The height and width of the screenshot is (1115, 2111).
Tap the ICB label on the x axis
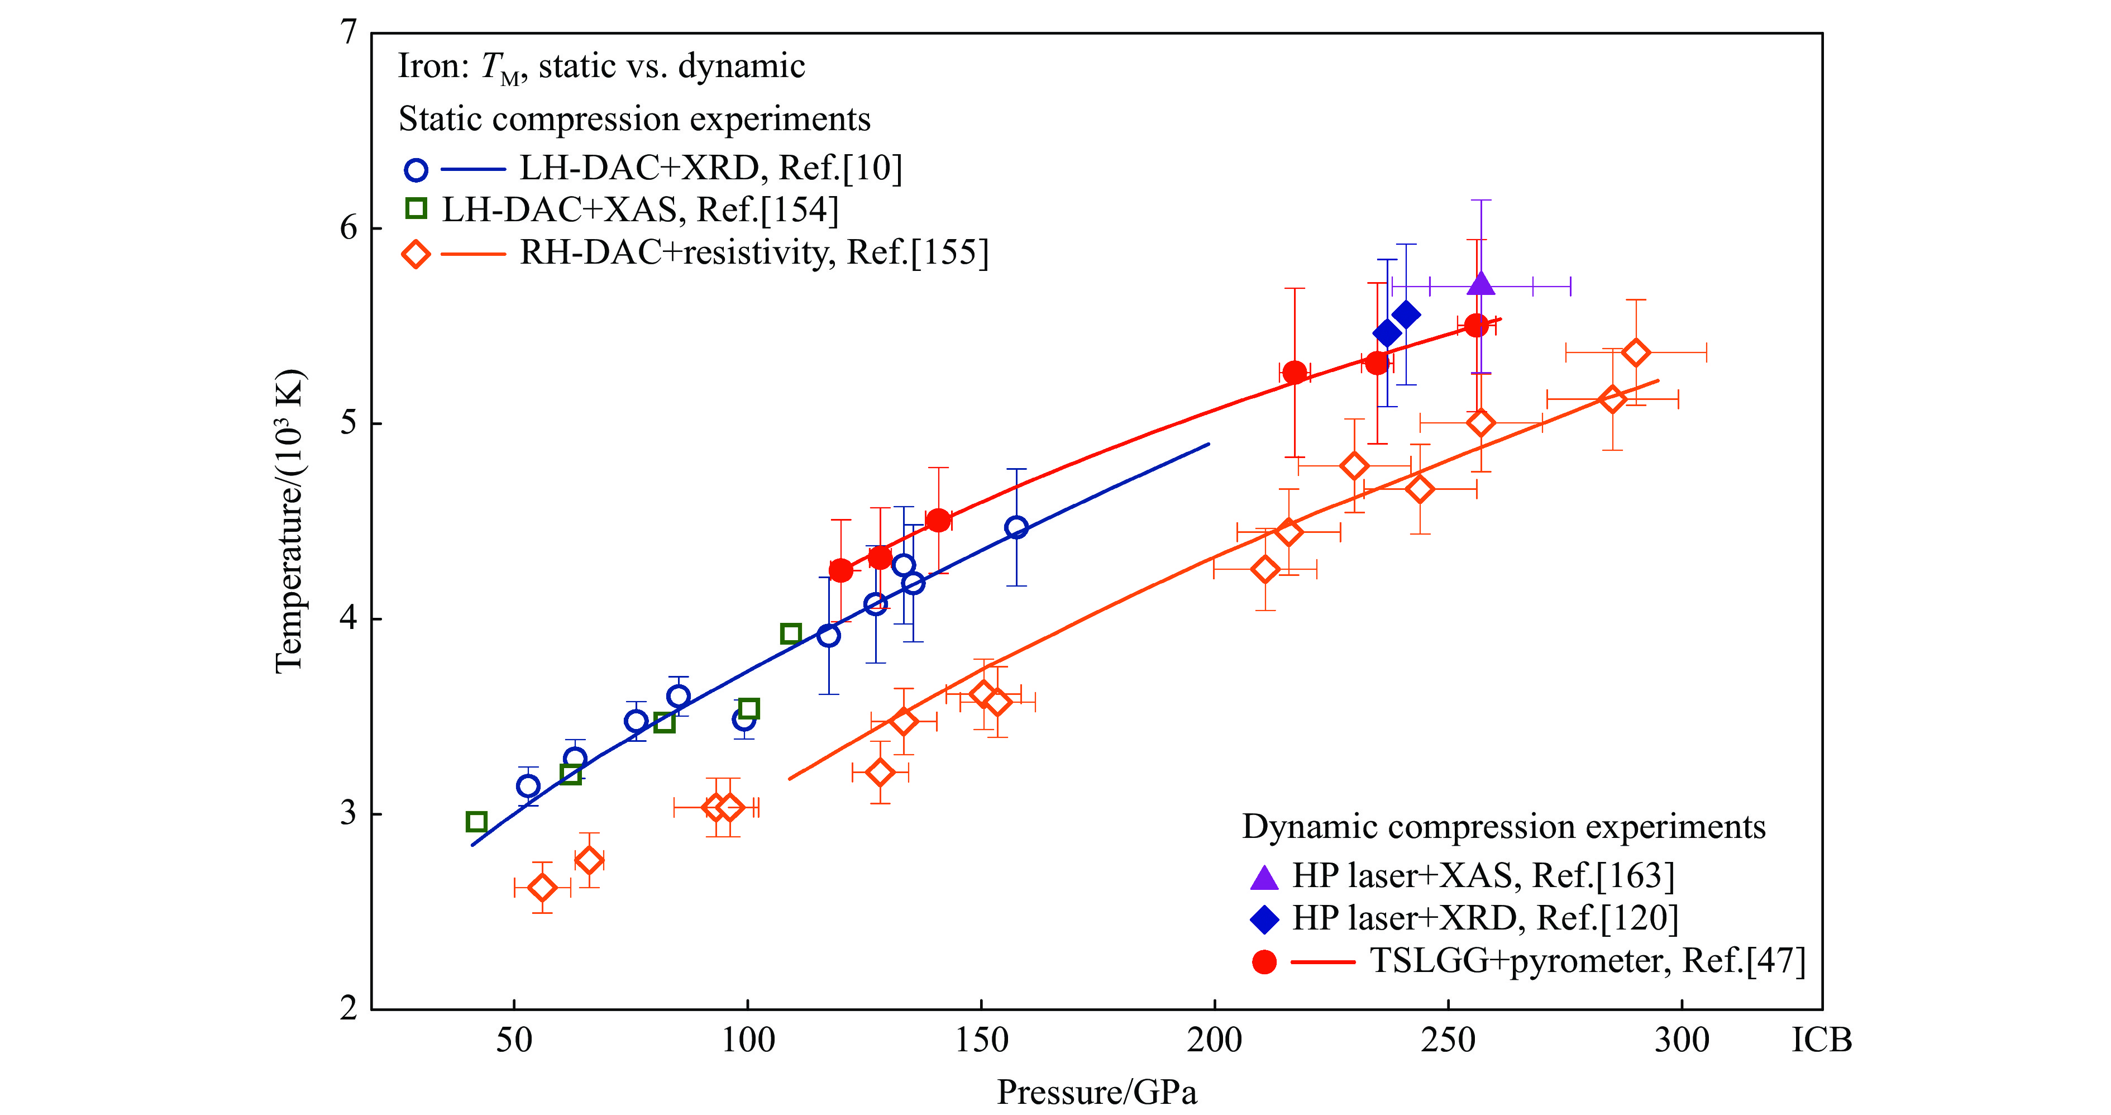click(1821, 1040)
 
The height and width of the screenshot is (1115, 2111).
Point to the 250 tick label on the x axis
click(1448, 1040)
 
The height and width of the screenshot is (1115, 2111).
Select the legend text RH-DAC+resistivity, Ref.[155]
click(754, 252)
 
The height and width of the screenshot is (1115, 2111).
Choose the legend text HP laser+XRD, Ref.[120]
click(1485, 918)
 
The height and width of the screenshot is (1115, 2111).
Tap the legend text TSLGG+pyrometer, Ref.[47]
click(1587, 960)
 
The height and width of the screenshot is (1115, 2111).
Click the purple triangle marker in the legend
click(1264, 877)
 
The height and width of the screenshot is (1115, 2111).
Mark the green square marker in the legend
click(416, 209)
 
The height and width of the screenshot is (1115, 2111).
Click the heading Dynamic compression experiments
click(1503, 826)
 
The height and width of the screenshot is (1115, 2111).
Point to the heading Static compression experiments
click(634, 119)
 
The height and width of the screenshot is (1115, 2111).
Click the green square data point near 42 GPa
click(476, 822)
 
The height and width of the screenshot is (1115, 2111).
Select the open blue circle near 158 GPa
click(1016, 527)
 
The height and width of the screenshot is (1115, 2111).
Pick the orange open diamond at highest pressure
click(1636, 352)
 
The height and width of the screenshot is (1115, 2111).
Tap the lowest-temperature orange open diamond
click(542, 887)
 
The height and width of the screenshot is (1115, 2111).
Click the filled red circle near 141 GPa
click(938, 520)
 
